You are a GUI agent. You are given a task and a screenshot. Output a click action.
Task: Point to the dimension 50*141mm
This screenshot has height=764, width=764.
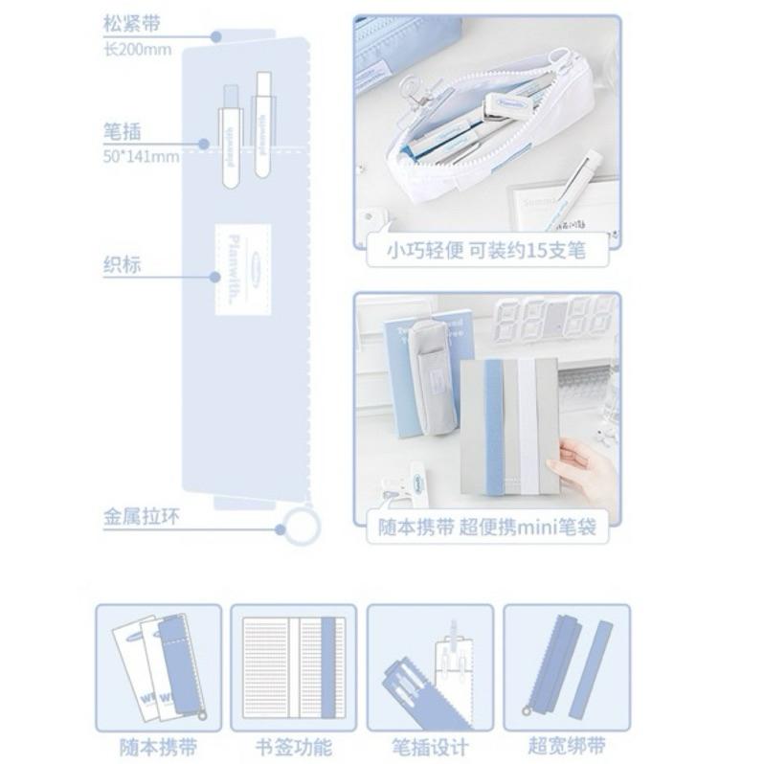141,156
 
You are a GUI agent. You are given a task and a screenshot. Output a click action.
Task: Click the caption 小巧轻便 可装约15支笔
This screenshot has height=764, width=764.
485,252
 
